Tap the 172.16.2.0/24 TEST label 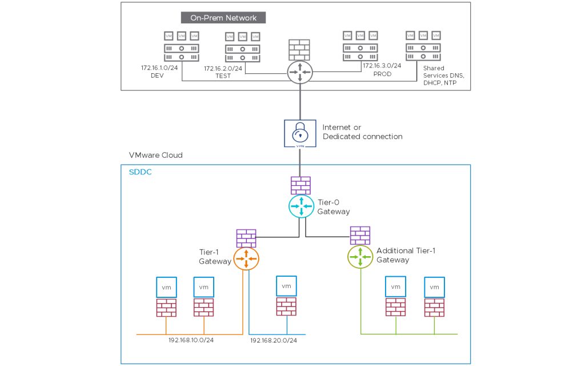223,72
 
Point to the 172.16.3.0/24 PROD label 382,70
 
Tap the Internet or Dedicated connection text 362,132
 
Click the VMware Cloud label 156,155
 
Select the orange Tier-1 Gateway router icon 246,258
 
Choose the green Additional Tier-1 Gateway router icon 360,257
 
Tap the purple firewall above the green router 360,235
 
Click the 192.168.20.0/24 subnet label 274,340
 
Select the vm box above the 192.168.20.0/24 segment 286,286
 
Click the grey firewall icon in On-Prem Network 299,50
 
